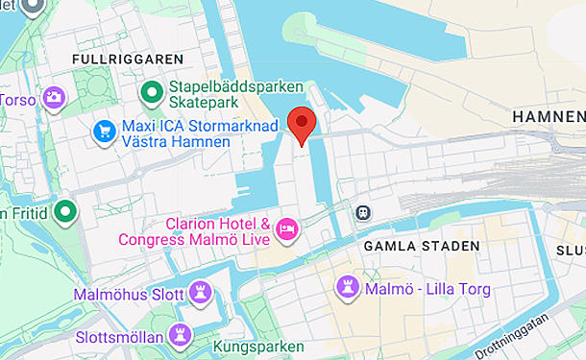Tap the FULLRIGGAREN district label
[x=114, y=60]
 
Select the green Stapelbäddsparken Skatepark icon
[x=151, y=93]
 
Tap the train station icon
[x=363, y=211]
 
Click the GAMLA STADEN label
[x=421, y=247]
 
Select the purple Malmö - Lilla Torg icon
[x=348, y=286]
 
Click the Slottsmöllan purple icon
[x=179, y=334]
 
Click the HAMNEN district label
[x=549, y=116]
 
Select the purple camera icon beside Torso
[x=55, y=97]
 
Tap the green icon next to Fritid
[x=65, y=211]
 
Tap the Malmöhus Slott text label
[x=129, y=293]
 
